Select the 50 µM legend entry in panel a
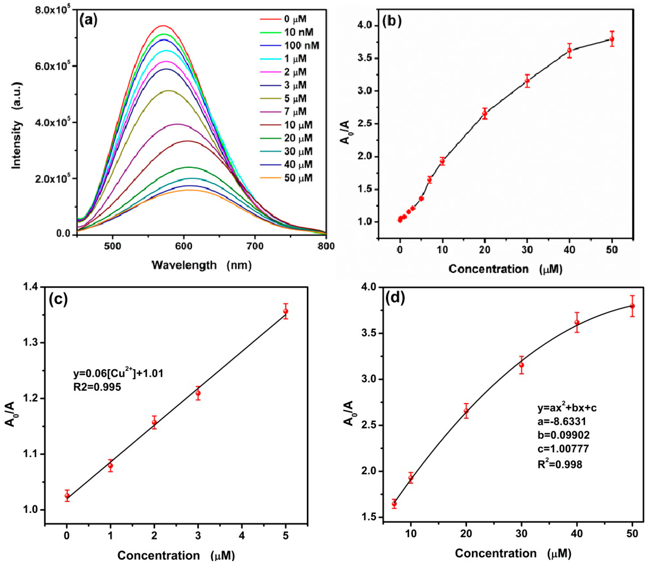tap(298, 178)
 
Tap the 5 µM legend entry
tap(295, 98)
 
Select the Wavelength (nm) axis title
tap(202, 265)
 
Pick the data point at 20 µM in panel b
tap(485, 114)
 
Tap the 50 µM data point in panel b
tap(612, 39)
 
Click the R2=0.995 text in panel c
tap(97, 387)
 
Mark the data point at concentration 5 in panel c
tap(285, 311)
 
